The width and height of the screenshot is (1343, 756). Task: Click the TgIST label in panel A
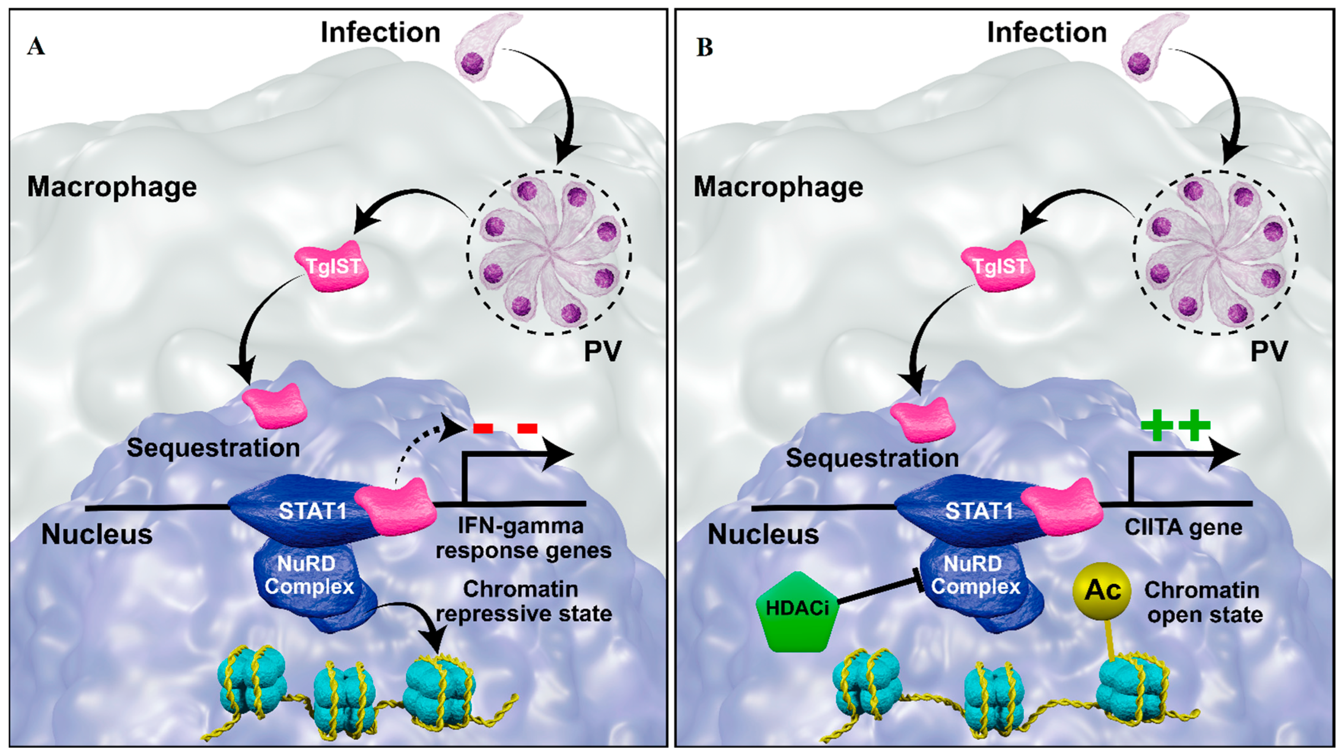333,267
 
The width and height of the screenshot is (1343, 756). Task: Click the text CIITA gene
1183,527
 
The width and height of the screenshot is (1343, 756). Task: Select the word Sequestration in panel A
213,448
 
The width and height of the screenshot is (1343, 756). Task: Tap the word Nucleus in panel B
763,534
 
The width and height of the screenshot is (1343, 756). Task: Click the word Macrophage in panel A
112,187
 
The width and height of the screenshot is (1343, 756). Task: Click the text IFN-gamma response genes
523,538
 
